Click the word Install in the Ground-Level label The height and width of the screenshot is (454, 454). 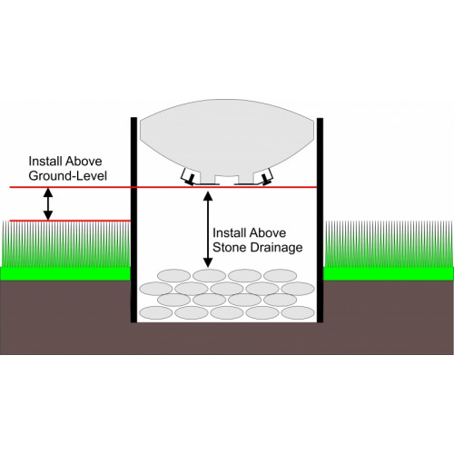[x=44, y=161]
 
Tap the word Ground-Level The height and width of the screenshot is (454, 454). [x=68, y=176]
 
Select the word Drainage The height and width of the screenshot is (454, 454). [x=275, y=248]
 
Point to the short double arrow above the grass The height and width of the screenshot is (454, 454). [x=48, y=204]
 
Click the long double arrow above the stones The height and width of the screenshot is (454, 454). [x=208, y=230]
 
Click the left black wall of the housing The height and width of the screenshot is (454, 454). [x=133, y=220]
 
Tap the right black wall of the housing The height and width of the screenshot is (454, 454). [x=320, y=221]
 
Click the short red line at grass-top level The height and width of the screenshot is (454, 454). [x=70, y=221]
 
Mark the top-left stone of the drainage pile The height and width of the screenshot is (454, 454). [x=173, y=276]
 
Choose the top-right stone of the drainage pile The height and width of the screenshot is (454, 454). [x=280, y=276]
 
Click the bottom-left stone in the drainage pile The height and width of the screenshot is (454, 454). [x=156, y=312]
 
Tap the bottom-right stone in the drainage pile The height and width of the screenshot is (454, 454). [x=298, y=312]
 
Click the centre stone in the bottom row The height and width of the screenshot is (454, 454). [x=227, y=312]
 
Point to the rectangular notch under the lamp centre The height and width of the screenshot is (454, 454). [x=224, y=179]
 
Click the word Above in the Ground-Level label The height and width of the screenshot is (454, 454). [x=84, y=161]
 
